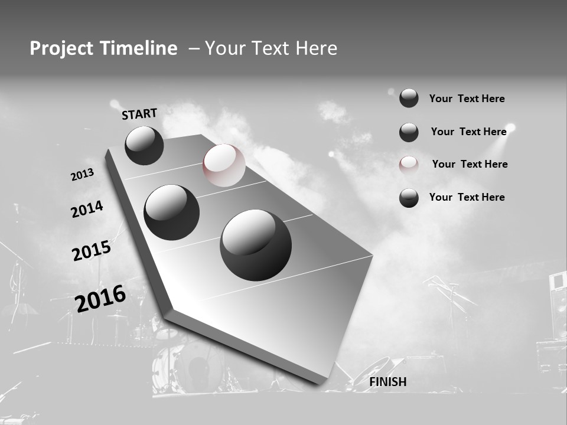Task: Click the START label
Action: [139, 113]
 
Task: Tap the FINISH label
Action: [387, 382]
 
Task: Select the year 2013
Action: [82, 175]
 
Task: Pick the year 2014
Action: [87, 209]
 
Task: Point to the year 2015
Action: [91, 251]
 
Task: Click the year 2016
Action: [100, 298]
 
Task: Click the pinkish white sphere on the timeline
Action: [224, 165]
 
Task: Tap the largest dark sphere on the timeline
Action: [256, 245]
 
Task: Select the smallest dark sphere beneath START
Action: [144, 145]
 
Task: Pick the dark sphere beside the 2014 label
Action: [171, 212]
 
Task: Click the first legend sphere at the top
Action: [409, 98]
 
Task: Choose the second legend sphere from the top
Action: [409, 132]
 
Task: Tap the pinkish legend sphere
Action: [409, 165]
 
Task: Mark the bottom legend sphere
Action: [409, 198]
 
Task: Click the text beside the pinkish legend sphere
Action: [470, 164]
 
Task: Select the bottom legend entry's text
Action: [467, 197]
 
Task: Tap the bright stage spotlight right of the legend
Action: [511, 127]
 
